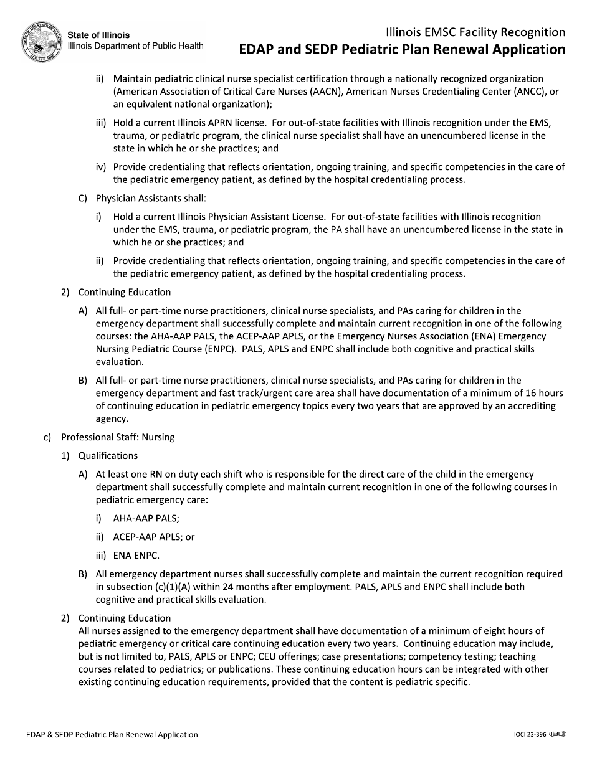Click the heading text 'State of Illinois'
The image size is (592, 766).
pyautogui.click(x=98, y=35)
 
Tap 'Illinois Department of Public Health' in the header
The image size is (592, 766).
pyautogui.click(x=135, y=46)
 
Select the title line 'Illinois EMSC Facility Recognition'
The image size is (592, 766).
pyautogui.click(x=475, y=32)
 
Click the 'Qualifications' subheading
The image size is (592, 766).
pyautogui.click(x=108, y=456)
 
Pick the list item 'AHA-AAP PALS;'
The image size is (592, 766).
pyautogui.click(x=146, y=518)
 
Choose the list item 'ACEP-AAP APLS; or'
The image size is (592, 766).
pyautogui.click(x=153, y=537)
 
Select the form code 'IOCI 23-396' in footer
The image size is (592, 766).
pyautogui.click(x=526, y=735)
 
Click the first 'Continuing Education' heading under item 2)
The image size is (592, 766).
pyautogui.click(x=124, y=292)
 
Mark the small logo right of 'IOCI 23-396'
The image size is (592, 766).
pyautogui.click(x=557, y=735)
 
